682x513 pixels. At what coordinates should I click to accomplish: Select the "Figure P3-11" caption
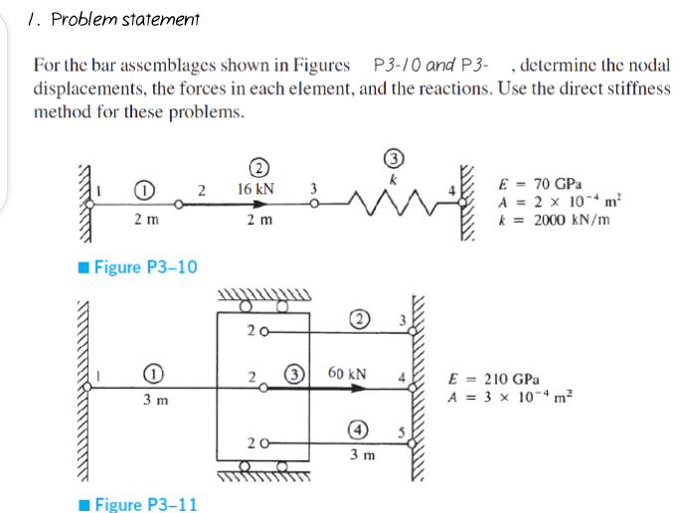point(142,504)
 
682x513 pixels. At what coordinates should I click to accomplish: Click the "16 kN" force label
point(256,188)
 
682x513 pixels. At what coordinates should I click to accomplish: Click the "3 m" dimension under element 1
point(155,401)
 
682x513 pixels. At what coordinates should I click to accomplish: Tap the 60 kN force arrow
point(352,391)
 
